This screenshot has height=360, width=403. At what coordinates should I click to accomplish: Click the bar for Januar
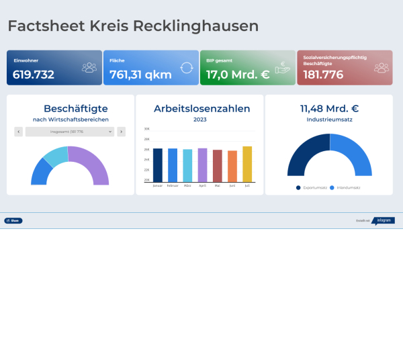tap(158, 165)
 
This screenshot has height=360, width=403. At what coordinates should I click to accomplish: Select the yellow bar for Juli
tap(247, 164)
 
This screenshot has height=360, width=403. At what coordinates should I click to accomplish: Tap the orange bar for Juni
tap(232, 166)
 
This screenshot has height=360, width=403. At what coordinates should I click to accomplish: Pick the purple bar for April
tap(202, 165)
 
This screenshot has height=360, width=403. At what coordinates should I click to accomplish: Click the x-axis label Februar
tap(173, 185)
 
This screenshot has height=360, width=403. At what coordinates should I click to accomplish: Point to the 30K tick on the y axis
tap(146, 128)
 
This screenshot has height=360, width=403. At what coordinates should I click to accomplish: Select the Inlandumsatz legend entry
tap(346, 188)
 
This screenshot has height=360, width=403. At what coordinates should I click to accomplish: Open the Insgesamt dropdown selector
tap(70, 132)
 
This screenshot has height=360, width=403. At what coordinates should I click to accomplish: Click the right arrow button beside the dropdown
tap(121, 132)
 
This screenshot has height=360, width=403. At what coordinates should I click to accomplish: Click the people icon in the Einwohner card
tap(89, 67)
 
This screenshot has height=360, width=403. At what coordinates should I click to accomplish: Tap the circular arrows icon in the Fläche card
tap(186, 67)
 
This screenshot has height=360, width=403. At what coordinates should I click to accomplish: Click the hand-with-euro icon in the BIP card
tap(282, 67)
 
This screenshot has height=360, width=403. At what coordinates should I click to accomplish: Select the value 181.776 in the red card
tap(324, 75)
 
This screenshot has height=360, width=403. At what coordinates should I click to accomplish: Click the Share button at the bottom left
tap(13, 220)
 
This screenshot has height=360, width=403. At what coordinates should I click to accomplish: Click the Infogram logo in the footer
tap(383, 220)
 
